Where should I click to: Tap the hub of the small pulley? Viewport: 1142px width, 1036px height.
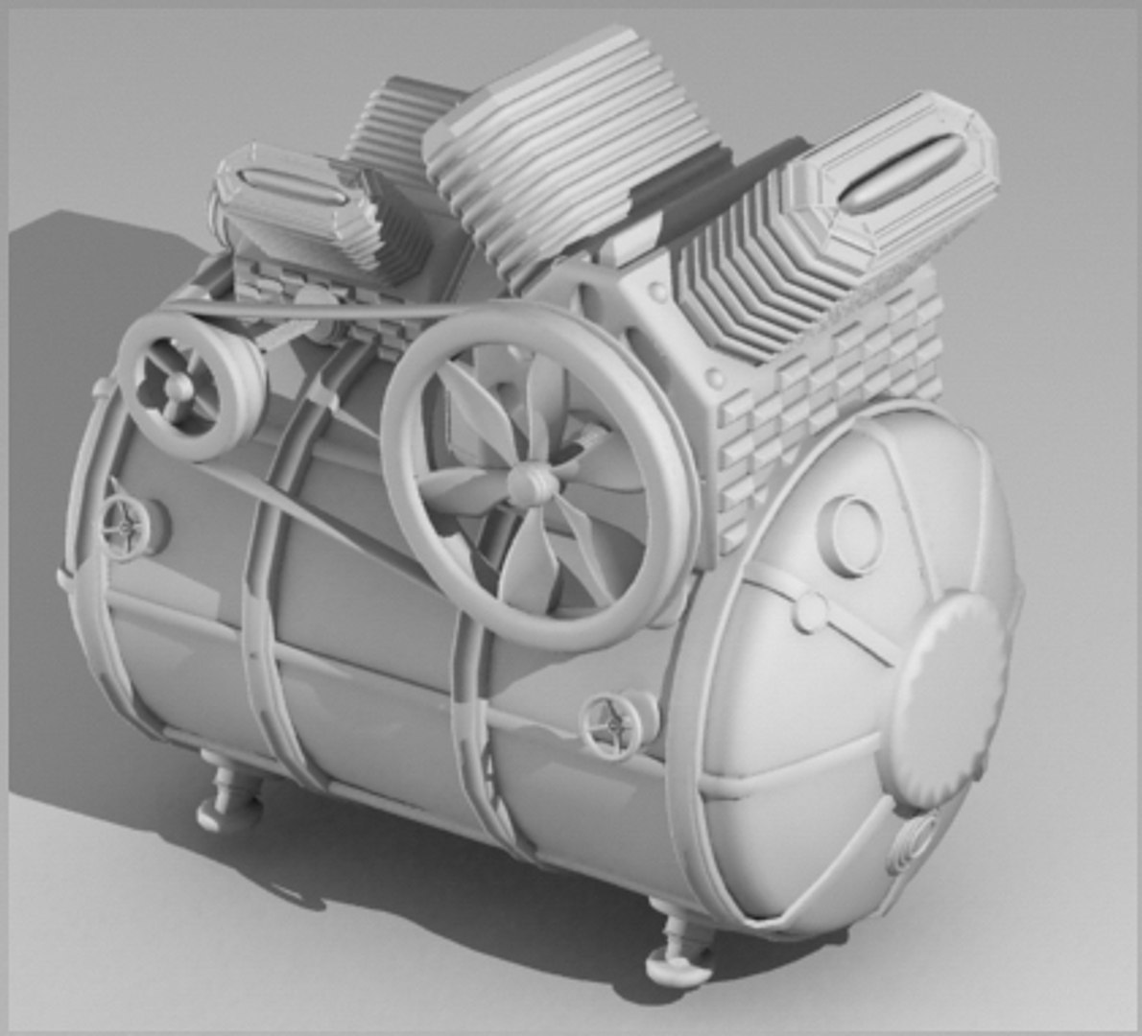pos(178,388)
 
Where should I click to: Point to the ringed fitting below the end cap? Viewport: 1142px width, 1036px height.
pos(915,840)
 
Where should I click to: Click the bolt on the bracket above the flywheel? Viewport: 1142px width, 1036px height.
pos(657,291)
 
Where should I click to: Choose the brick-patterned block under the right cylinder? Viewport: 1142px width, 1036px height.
pos(825,384)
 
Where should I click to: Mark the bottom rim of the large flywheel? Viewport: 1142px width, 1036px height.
pos(557,638)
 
